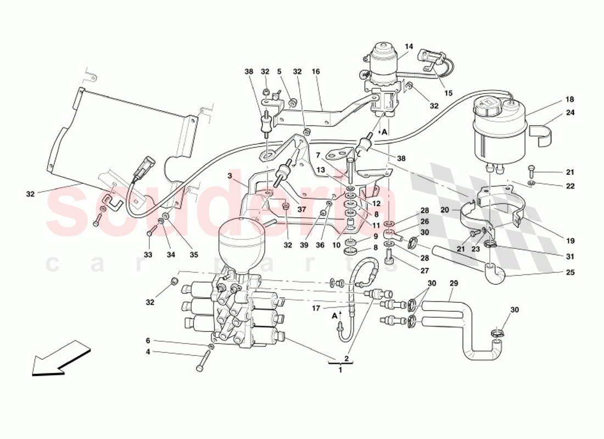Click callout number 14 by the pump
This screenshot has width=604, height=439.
(x=408, y=47)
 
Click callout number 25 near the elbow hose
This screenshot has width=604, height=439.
(x=570, y=272)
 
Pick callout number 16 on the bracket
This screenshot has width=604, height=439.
(x=316, y=71)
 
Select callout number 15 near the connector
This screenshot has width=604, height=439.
(x=449, y=93)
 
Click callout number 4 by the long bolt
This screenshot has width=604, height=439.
(x=147, y=352)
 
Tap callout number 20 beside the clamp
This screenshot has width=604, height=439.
(x=445, y=210)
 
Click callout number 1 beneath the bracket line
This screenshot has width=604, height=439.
(x=340, y=370)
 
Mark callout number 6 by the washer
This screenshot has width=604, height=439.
(x=147, y=340)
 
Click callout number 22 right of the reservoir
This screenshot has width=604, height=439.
(x=570, y=186)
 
